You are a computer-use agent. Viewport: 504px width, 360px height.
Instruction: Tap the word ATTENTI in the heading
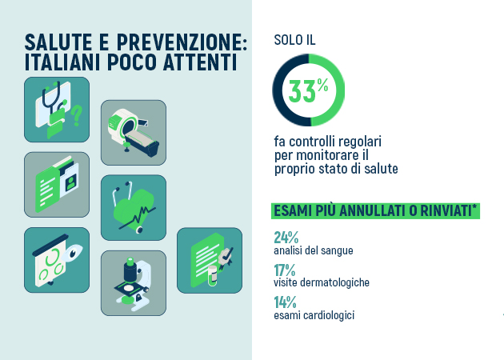[x=200, y=62]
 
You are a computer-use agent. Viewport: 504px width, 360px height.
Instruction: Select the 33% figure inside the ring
[x=308, y=90]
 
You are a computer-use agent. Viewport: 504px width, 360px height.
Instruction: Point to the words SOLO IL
[x=294, y=40]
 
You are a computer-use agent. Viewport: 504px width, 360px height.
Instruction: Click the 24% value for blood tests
[x=286, y=238]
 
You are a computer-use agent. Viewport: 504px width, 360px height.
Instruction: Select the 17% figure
[x=285, y=270]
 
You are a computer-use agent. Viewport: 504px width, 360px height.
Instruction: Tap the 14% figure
[x=285, y=302]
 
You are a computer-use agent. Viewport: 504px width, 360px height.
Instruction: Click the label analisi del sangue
[x=314, y=250]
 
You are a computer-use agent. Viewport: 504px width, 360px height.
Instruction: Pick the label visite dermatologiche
[x=322, y=282]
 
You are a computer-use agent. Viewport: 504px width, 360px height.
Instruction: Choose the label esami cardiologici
[x=314, y=315]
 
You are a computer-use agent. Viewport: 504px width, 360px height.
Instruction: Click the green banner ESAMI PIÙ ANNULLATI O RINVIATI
[x=375, y=211]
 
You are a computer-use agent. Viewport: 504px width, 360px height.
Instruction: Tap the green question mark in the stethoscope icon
[x=77, y=115]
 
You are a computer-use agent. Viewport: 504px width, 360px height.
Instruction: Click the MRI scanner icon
[x=134, y=133]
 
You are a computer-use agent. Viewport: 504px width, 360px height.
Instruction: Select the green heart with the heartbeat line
[x=134, y=207]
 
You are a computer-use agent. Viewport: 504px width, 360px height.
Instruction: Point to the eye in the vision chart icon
[x=74, y=251]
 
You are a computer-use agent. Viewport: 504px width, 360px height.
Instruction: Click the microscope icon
[x=133, y=284]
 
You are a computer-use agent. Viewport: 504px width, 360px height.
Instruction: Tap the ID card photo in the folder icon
[x=71, y=182]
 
